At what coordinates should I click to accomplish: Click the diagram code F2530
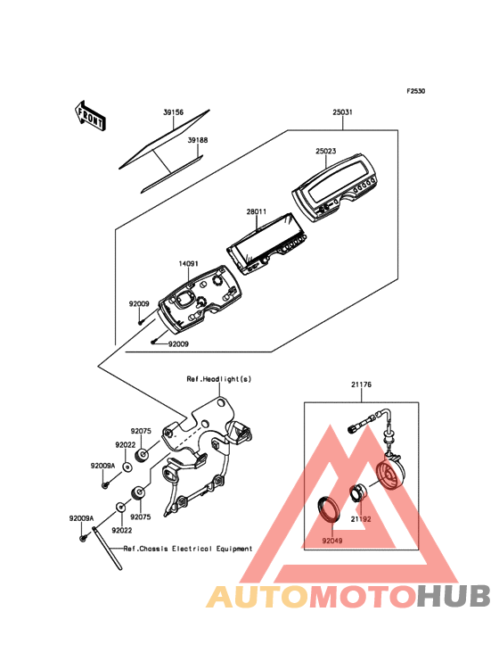416,91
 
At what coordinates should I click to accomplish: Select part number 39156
173,112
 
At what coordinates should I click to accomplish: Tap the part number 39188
198,140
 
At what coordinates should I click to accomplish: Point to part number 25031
343,112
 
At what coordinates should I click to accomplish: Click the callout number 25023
325,151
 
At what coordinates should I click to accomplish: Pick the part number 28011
256,211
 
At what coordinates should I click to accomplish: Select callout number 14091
188,264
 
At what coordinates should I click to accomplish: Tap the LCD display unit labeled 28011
267,244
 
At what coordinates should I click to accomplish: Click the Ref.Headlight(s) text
219,379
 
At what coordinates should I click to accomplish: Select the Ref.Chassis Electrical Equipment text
188,549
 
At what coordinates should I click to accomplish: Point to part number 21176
362,384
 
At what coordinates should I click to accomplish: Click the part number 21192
361,519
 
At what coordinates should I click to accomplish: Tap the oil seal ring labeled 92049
330,508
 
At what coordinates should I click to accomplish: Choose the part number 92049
332,541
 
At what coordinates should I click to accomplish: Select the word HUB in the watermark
454,596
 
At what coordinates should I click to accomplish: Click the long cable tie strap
107,549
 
